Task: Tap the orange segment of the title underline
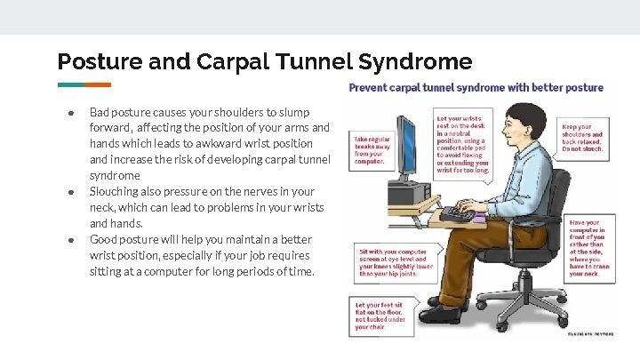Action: [98, 84]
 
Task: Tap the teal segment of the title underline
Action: [71, 84]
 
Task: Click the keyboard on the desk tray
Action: [459, 214]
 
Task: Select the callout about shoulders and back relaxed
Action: [583, 138]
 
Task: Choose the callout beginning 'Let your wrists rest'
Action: [462, 142]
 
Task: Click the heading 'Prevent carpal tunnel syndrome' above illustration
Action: [476, 88]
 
